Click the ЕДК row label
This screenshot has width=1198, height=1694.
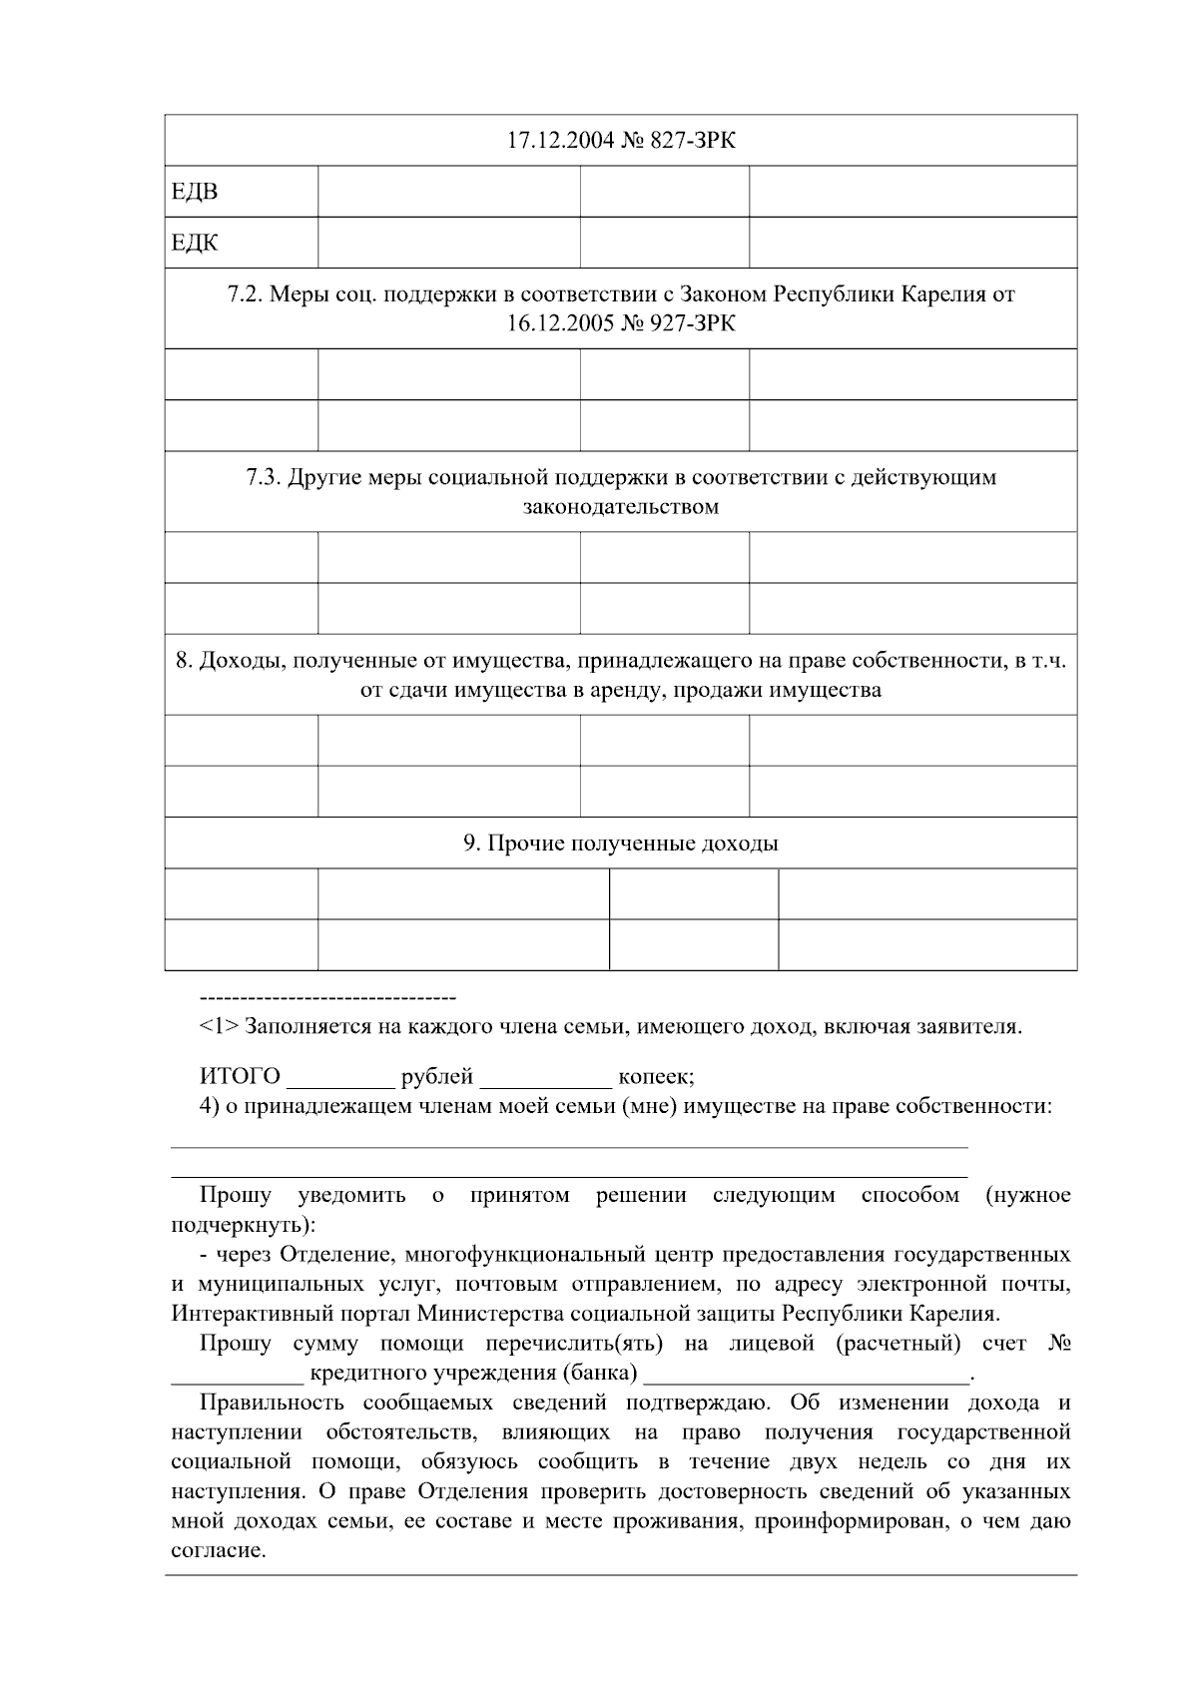(195, 243)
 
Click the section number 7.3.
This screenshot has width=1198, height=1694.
(264, 477)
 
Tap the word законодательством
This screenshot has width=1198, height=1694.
(620, 507)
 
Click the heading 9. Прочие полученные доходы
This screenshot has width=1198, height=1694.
(620, 844)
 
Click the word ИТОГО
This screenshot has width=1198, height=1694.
(240, 1077)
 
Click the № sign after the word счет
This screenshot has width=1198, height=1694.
(1060, 1344)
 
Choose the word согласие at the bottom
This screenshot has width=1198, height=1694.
(216, 1552)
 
